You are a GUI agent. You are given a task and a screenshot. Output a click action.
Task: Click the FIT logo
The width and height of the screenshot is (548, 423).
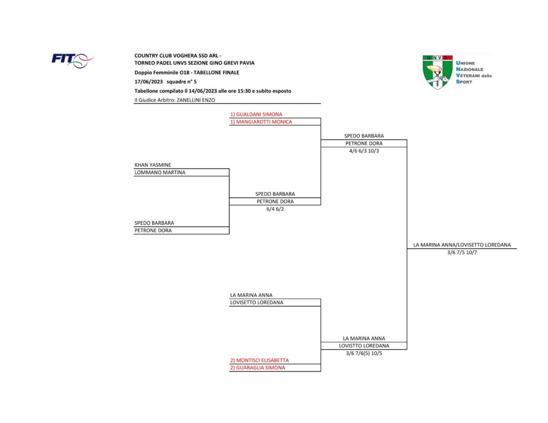[x=72, y=60]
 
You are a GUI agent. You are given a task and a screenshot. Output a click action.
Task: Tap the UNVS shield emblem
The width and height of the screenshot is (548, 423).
[x=437, y=72]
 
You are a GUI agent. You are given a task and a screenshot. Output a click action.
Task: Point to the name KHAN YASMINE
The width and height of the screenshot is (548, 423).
[x=153, y=165]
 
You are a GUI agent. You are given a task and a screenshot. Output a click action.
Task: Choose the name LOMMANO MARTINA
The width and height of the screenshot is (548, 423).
[x=159, y=173]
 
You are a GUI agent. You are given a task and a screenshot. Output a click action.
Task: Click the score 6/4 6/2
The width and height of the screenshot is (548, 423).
[x=275, y=209]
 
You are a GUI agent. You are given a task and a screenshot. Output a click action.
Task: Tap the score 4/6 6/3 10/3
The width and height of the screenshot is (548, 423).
[x=364, y=151]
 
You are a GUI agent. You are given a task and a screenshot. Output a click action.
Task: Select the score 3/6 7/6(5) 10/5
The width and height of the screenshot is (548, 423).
[x=364, y=353]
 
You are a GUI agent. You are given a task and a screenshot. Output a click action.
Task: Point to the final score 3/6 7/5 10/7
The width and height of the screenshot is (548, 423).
[x=462, y=252]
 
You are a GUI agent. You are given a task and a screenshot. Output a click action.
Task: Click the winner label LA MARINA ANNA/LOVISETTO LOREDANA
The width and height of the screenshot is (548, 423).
[x=462, y=245]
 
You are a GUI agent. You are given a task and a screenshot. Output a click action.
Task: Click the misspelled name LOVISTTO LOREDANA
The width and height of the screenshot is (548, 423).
[x=364, y=346]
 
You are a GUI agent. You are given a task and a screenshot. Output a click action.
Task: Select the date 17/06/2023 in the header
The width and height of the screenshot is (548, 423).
[x=149, y=82]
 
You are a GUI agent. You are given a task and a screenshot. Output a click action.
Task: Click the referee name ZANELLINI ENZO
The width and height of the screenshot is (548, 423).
[x=196, y=100]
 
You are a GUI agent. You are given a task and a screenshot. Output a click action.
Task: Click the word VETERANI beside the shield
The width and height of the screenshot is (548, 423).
[x=468, y=75]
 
